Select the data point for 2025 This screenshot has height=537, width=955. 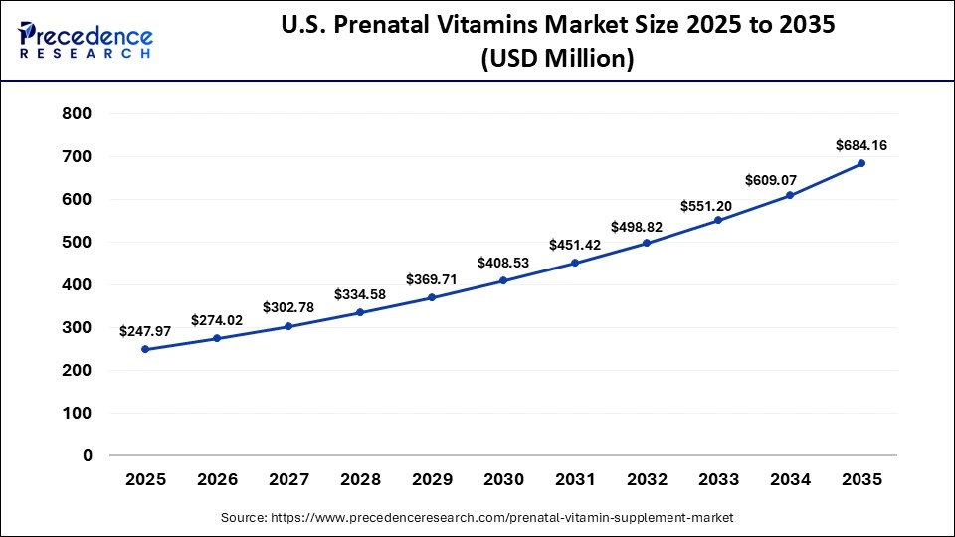click(145, 349)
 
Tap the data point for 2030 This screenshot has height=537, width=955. click(503, 280)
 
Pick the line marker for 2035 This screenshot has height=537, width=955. click(861, 163)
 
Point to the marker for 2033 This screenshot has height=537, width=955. click(718, 220)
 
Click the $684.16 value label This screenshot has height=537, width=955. click(861, 145)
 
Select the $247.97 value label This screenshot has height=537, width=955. click(145, 330)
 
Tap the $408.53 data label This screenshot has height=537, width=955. click(503, 263)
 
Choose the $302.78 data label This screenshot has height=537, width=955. click(288, 307)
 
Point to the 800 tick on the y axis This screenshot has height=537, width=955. click(77, 114)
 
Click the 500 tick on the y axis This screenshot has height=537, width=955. click(77, 243)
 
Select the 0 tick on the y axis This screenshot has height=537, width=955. click(88, 455)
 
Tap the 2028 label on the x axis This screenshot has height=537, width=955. click(360, 479)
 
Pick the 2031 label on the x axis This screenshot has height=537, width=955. click(575, 479)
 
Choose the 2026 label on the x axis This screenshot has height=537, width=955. click(217, 479)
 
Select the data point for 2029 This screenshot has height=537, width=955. click(432, 297)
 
